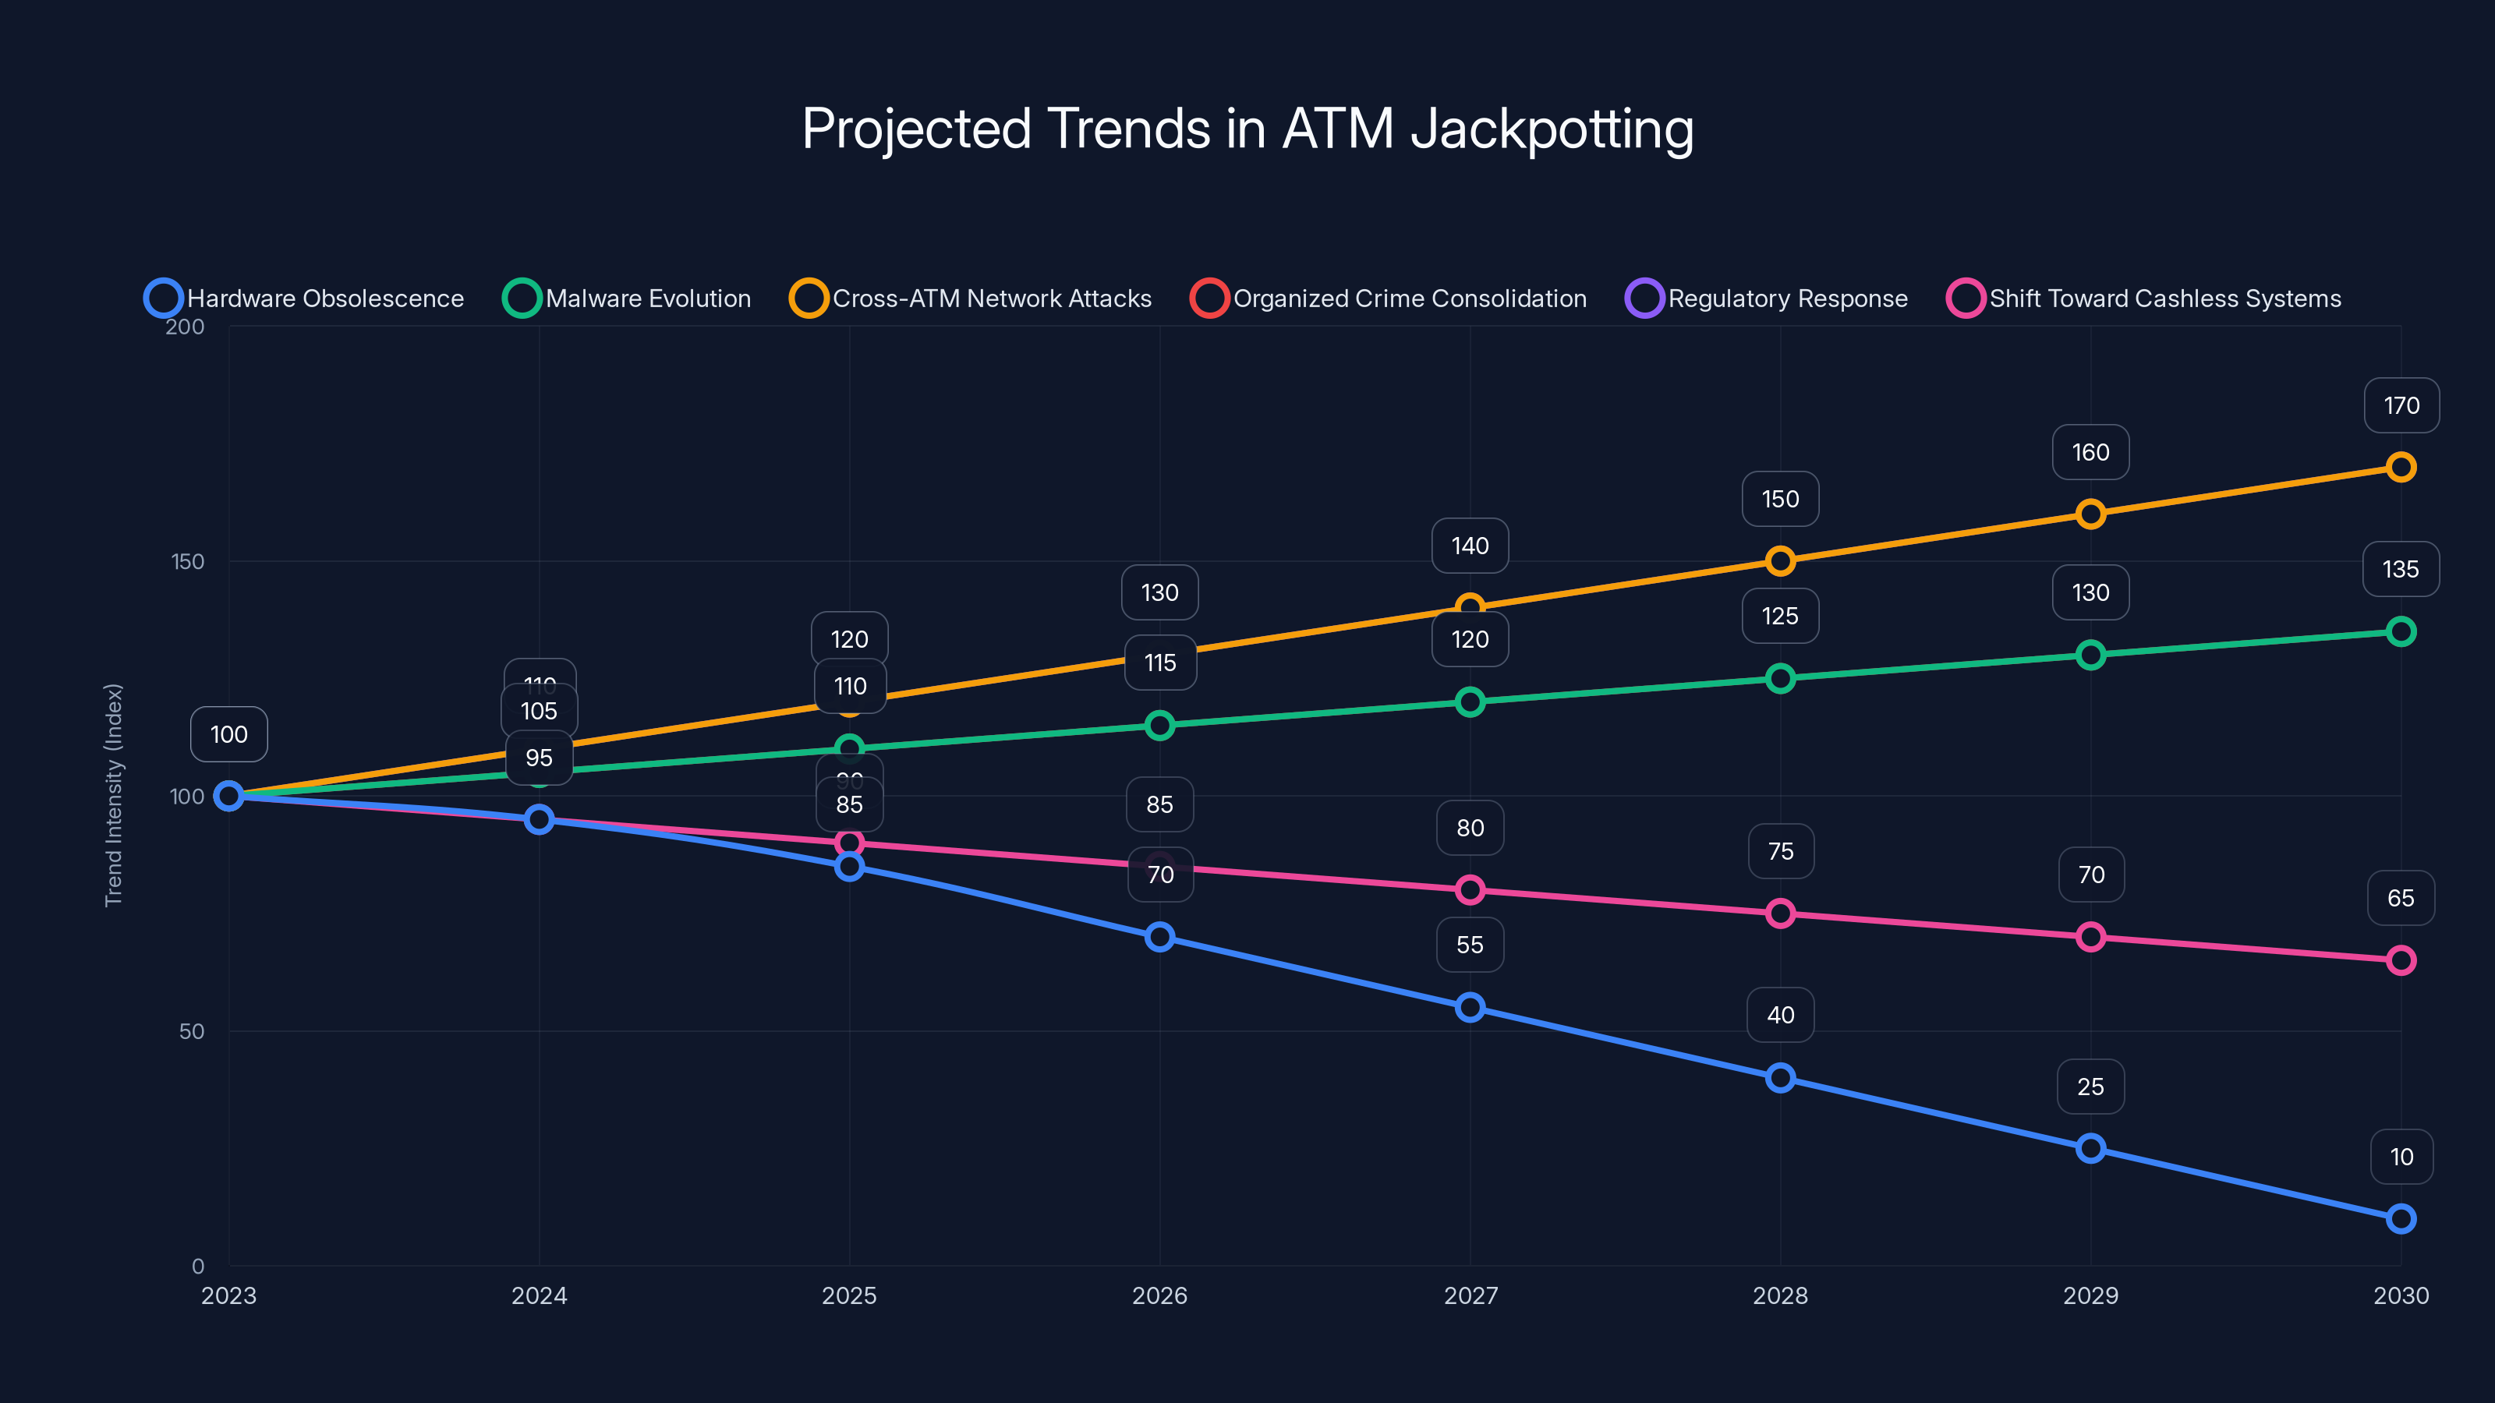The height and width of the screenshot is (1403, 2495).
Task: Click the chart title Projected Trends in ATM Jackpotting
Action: tap(1247, 129)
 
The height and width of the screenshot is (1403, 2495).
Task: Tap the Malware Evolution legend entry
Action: tap(628, 299)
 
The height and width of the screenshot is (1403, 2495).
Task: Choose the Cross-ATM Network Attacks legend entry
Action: tap(971, 299)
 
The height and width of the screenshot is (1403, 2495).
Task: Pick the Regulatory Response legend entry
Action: tap(1767, 299)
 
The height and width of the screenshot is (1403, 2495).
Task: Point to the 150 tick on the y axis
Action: tap(188, 561)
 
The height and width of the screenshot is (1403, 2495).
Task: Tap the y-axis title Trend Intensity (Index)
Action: tap(113, 795)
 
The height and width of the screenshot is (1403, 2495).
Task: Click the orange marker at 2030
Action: tap(2400, 468)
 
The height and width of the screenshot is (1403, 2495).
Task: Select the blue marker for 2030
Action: tap(2400, 1218)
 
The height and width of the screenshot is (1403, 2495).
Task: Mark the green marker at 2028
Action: tap(1780, 678)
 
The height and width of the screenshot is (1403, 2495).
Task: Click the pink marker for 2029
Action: tap(2090, 936)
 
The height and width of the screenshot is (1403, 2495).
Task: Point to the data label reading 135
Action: tap(2400, 569)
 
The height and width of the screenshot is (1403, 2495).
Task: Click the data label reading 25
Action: tap(2090, 1087)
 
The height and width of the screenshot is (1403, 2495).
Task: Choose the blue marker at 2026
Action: tap(1159, 936)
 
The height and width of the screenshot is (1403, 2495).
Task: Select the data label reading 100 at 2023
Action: tap(228, 734)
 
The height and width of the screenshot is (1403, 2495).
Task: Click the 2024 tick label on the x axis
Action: tap(539, 1295)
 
